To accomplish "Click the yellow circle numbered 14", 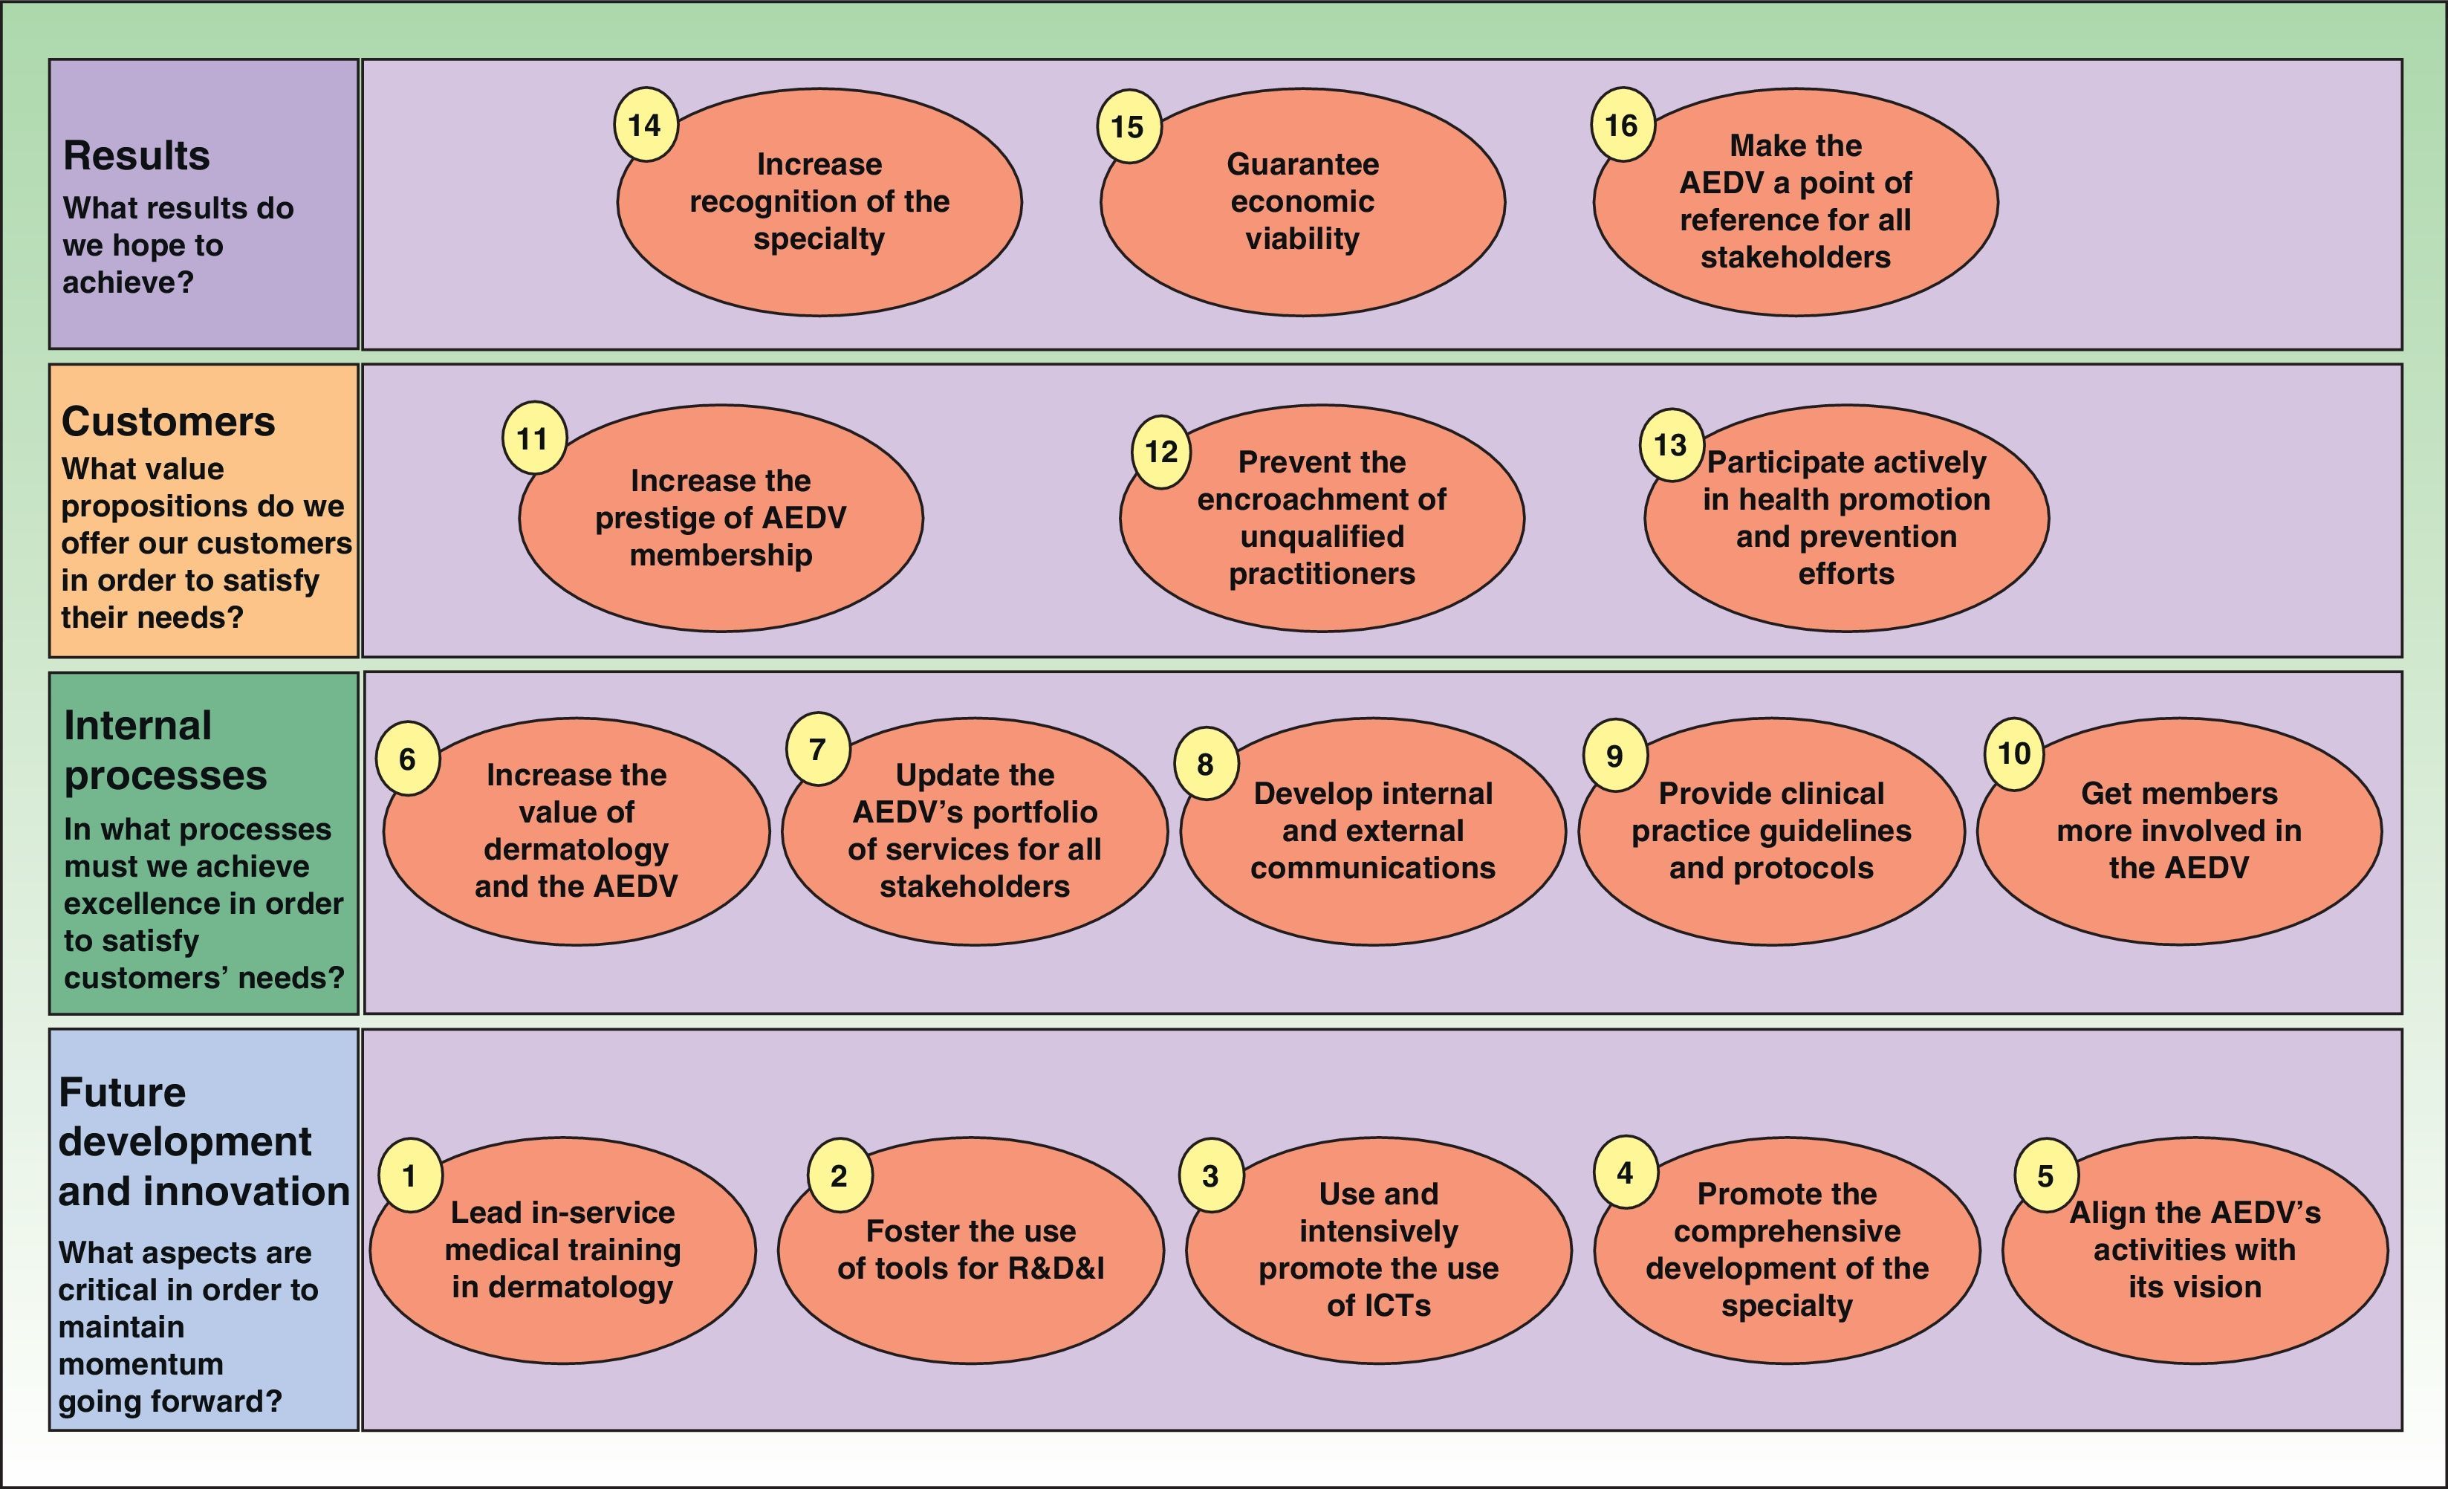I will coord(645,125).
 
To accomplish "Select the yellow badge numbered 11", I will coord(533,438).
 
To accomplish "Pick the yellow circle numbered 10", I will coord(2014,753).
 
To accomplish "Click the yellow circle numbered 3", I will coord(1210,1176).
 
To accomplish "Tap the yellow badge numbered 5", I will coord(2045,1176).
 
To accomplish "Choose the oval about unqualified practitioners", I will coord(1322,519).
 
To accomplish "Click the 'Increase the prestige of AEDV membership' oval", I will coord(721,519).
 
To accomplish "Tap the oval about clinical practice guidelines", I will coord(1770,831).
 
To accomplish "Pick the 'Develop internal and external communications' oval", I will coord(1372,831).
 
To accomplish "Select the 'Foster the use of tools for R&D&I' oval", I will coord(970,1250).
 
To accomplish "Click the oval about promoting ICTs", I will coord(1378,1250).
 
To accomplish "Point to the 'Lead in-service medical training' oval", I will coord(562,1250).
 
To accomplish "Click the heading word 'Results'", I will coord(136,156).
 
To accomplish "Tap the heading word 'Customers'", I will coord(168,422).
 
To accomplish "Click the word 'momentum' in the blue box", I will coord(140,1364).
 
